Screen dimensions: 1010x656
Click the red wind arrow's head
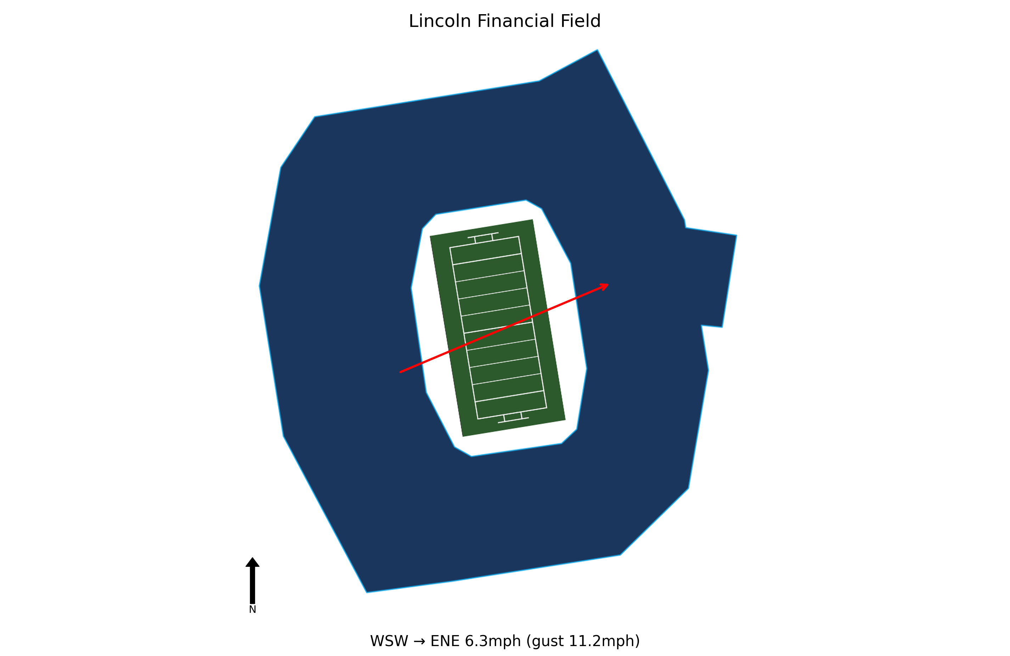(604, 287)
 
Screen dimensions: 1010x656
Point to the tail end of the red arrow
(400, 372)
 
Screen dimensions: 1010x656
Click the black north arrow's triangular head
(252, 562)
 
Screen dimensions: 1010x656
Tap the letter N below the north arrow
(252, 610)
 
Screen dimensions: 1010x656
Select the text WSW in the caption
(389, 641)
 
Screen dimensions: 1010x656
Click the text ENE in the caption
(445, 641)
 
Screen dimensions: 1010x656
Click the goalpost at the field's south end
(513, 418)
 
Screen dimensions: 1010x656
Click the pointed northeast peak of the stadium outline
(597, 50)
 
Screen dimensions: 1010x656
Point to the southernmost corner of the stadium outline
(367, 592)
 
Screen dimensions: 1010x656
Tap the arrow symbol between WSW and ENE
(419, 641)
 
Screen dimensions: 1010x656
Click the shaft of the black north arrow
(252, 585)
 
